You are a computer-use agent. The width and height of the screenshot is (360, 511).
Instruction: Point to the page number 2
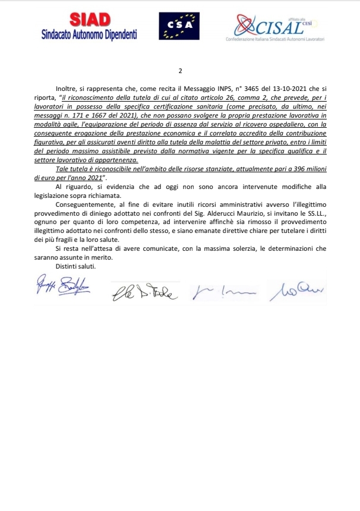click(x=179, y=69)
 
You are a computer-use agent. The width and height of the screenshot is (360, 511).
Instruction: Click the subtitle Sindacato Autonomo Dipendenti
click(x=89, y=34)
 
